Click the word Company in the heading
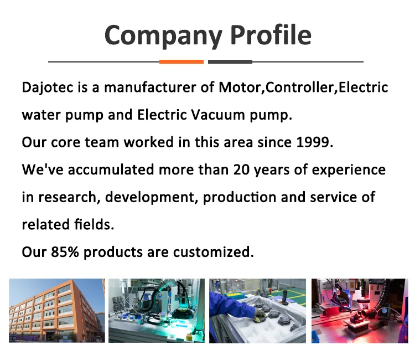[163, 36]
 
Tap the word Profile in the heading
[271, 34]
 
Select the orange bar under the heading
[181, 61]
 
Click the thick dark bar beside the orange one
[230, 61]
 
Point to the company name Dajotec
[48, 88]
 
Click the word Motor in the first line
[240, 88]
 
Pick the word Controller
[299, 88]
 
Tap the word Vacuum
[218, 115]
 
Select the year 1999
[313, 142]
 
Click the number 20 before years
[241, 170]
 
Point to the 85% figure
[65, 252]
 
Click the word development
[150, 197]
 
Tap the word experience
[349, 171]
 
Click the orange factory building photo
[57, 311]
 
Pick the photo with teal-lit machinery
[157, 311]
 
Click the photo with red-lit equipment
[360, 311]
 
